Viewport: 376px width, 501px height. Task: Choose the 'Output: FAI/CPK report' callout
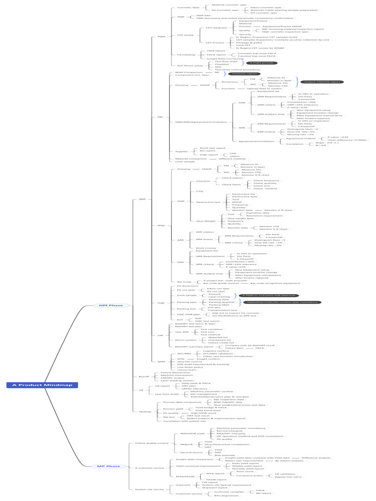[x=321, y=82]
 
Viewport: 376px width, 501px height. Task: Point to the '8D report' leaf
[x=264, y=493]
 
